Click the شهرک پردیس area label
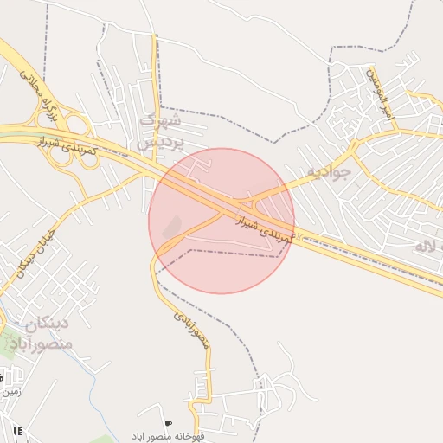tap(163, 129)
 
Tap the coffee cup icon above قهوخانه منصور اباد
tap(167, 424)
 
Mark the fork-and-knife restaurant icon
tap(17, 430)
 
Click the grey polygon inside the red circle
tap(172, 226)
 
